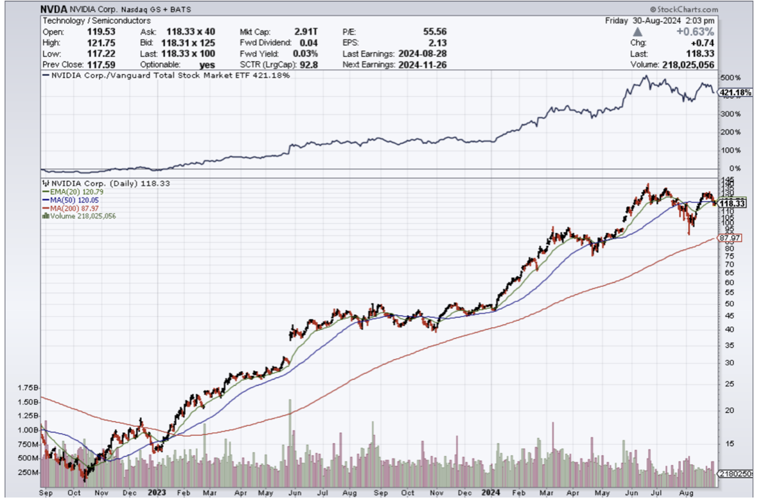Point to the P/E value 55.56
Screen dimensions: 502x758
432,31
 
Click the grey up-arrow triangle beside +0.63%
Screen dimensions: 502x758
637,31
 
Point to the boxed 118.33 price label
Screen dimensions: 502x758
732,203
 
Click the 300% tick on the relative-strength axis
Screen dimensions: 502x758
730,114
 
